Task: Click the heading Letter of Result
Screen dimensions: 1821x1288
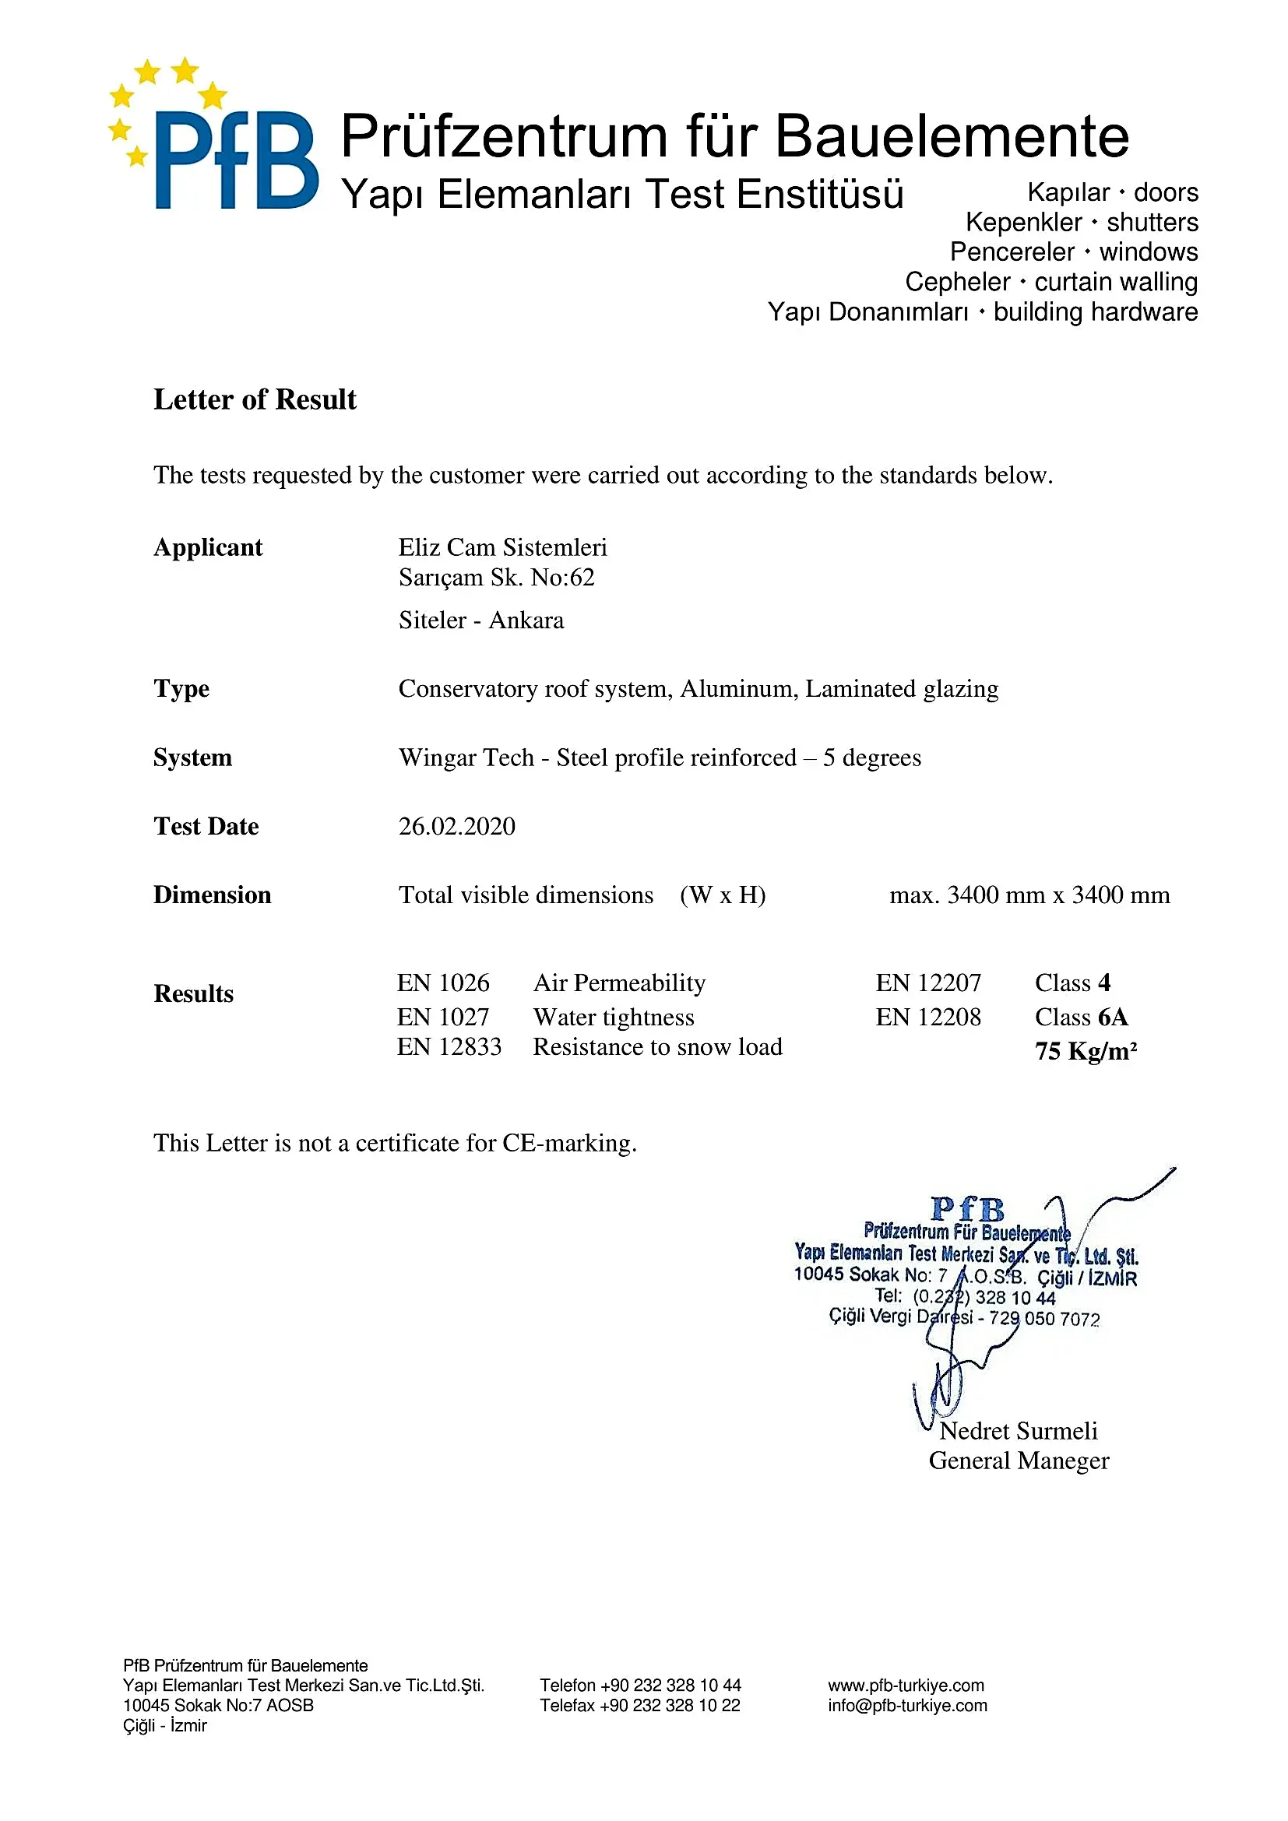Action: pos(255,399)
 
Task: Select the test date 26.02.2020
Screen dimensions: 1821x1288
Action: pos(457,827)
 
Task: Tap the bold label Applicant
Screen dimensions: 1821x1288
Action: pos(208,547)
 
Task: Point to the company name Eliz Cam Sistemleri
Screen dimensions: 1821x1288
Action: pos(503,547)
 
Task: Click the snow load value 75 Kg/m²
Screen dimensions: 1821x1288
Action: pos(1086,1051)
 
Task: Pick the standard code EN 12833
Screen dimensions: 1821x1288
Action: pos(449,1047)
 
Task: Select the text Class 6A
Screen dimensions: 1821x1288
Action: pos(1081,1017)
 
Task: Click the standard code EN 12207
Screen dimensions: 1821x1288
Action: pos(928,983)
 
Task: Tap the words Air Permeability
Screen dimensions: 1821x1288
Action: pos(619,983)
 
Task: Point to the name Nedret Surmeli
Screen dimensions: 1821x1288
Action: pos(1019,1431)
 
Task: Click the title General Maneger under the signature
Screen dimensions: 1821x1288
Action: pos(1019,1460)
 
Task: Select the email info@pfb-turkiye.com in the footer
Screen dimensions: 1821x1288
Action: pos(907,1705)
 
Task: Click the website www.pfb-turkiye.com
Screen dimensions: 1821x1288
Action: pos(906,1685)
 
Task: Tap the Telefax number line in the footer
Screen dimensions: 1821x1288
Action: pos(640,1705)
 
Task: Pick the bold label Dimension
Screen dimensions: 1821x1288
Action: pos(213,895)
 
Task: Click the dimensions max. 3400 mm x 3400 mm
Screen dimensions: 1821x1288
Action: pos(1029,895)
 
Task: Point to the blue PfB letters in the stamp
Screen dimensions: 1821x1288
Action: pos(967,1209)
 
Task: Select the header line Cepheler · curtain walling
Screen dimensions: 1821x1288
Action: pos(1050,282)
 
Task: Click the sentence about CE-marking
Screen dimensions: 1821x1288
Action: pos(395,1143)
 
